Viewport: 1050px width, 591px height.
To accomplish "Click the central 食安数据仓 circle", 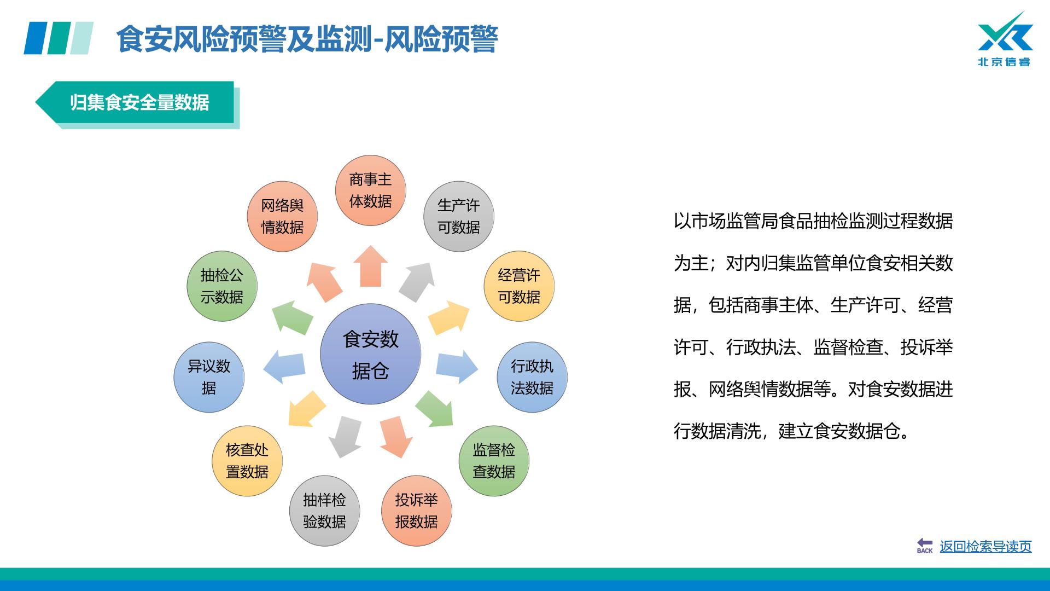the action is point(370,354).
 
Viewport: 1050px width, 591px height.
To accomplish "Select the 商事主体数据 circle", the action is point(370,190).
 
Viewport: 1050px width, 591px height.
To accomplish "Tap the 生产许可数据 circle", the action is point(459,216).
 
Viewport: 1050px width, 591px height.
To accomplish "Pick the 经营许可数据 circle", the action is point(519,286).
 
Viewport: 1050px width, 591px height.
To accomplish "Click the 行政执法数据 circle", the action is point(532,377).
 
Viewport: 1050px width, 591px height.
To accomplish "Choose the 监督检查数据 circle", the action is point(494,461).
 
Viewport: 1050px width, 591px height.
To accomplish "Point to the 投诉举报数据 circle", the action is point(416,511).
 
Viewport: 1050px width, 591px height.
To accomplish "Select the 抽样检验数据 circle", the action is point(324,511).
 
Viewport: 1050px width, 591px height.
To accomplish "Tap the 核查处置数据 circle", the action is point(247,461).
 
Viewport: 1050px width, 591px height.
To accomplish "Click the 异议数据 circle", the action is point(209,377).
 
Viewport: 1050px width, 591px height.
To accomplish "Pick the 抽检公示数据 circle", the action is point(221,286).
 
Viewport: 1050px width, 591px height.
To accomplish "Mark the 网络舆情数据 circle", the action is point(282,216).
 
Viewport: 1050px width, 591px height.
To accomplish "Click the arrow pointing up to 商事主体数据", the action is point(370,266).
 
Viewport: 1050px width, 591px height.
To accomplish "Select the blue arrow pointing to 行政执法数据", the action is point(457,366).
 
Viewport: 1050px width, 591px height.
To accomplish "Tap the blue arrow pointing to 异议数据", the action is point(284,366).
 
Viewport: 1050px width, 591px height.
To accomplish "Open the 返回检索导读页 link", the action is point(985,546).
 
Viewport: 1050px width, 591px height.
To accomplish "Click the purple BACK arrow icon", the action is point(925,546).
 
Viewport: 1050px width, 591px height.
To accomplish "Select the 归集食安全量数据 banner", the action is point(137,103).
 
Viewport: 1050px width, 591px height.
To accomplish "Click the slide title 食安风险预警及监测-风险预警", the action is point(307,39).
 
